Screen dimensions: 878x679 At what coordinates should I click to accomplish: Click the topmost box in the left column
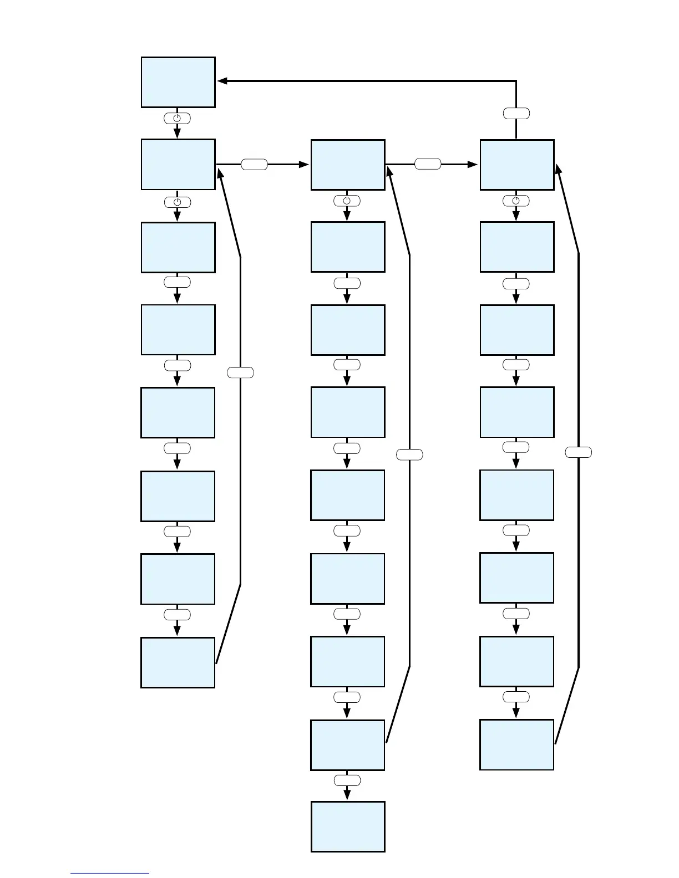tap(178, 82)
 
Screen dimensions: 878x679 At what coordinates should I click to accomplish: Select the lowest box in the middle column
tap(347, 826)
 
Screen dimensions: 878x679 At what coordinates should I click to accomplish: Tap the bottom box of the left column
tap(178, 662)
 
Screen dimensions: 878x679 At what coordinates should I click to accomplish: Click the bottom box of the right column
tap(516, 744)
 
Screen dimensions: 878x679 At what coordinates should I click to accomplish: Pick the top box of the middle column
tap(347, 165)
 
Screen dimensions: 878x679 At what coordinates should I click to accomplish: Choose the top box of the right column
tap(516, 165)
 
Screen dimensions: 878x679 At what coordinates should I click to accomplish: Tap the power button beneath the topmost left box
tap(177, 118)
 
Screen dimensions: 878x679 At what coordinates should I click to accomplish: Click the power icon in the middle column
tap(347, 201)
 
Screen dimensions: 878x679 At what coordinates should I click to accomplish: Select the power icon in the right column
tap(516, 201)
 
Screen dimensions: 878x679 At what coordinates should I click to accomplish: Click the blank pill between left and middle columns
tap(255, 164)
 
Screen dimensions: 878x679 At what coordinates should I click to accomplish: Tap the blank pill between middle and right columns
tap(428, 164)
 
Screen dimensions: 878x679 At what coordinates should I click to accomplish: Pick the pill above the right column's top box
tap(516, 113)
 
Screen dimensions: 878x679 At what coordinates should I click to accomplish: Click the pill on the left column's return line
tap(240, 372)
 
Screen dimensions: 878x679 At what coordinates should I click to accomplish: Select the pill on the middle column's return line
tap(409, 455)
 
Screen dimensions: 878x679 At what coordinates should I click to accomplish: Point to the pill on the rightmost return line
tap(579, 452)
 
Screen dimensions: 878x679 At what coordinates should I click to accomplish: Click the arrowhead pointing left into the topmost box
tap(222, 81)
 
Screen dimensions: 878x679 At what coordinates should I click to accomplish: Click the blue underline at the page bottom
tap(109, 873)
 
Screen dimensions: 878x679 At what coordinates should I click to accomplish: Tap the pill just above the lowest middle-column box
tap(347, 780)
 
